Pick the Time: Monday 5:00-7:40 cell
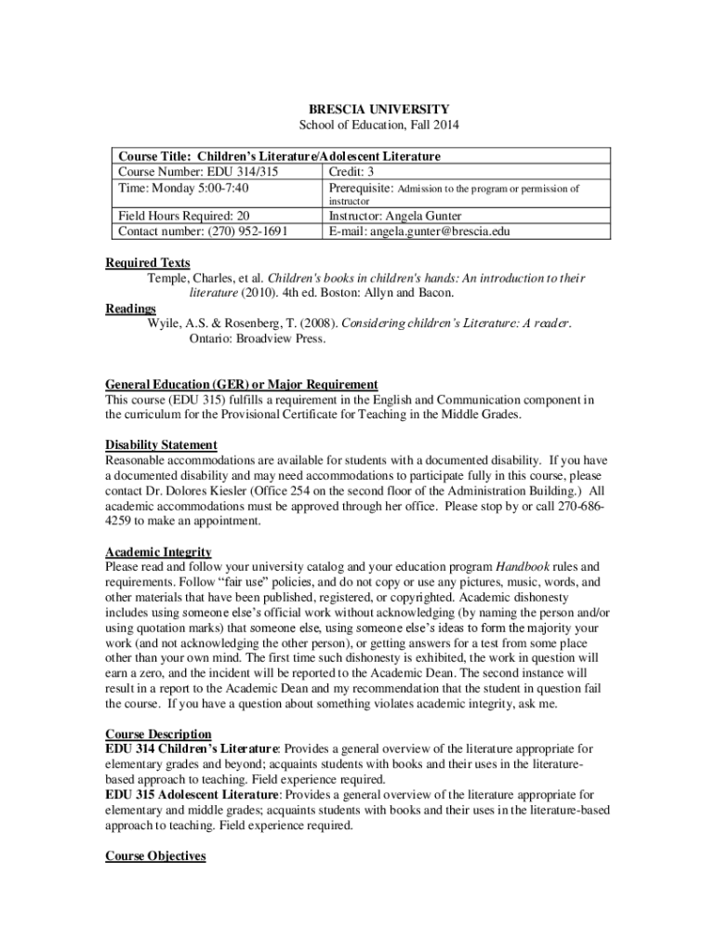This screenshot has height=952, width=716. pos(183,188)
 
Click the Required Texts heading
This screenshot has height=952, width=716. pos(148,263)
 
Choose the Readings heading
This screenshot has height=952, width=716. pos(130,309)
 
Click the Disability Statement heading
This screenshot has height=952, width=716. pos(161,444)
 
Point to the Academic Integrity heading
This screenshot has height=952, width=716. pos(158,551)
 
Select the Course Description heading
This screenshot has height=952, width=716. pos(158,734)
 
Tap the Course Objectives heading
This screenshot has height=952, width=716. pos(155,855)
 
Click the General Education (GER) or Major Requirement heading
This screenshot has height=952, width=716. pos(242,384)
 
